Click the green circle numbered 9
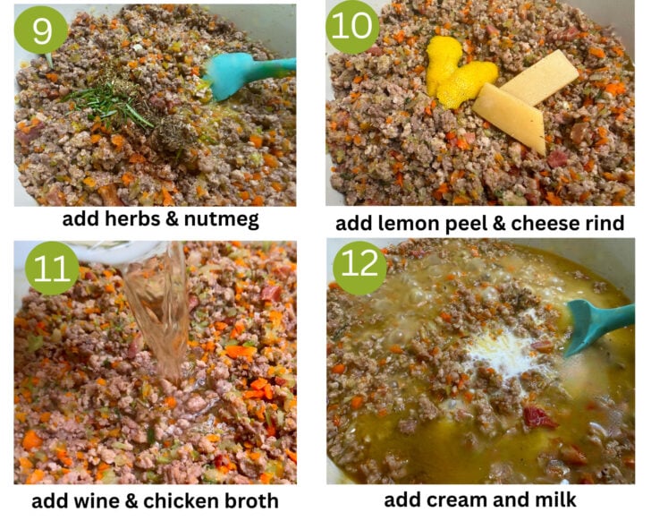(41, 30)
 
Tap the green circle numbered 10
(352, 27)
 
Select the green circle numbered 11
(52, 268)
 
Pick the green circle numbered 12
(360, 264)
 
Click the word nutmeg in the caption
(222, 220)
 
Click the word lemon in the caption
(407, 224)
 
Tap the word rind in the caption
(604, 224)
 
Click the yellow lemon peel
(457, 73)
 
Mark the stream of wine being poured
(160, 312)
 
